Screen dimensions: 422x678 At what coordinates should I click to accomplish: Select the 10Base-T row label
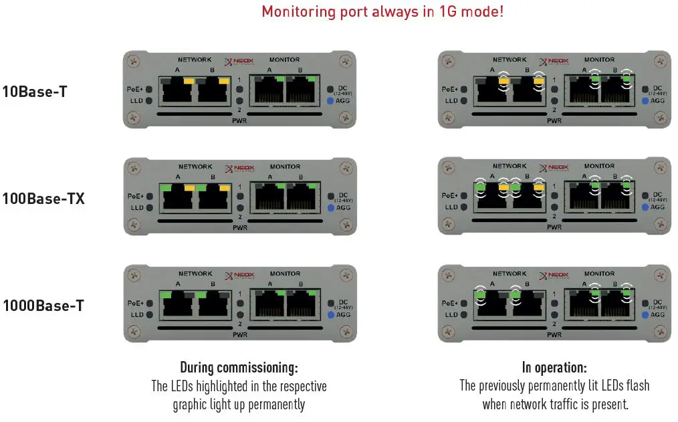(x=34, y=92)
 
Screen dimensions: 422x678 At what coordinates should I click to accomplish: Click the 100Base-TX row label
(x=43, y=199)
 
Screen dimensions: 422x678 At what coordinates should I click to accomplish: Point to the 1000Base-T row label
(x=43, y=306)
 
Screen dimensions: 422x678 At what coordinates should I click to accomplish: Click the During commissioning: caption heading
(x=239, y=368)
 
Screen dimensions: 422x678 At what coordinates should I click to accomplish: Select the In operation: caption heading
(x=554, y=368)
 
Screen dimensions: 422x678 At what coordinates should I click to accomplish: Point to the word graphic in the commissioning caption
(x=195, y=405)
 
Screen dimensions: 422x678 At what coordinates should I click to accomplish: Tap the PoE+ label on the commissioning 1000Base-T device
(x=134, y=302)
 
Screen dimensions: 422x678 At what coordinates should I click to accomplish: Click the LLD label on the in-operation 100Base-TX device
(x=451, y=207)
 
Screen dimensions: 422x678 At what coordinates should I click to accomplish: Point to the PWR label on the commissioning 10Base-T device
(x=239, y=122)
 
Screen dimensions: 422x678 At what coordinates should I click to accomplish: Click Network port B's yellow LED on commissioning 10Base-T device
(x=224, y=80)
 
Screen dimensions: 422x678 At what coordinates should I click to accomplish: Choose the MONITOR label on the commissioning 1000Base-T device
(x=285, y=274)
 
